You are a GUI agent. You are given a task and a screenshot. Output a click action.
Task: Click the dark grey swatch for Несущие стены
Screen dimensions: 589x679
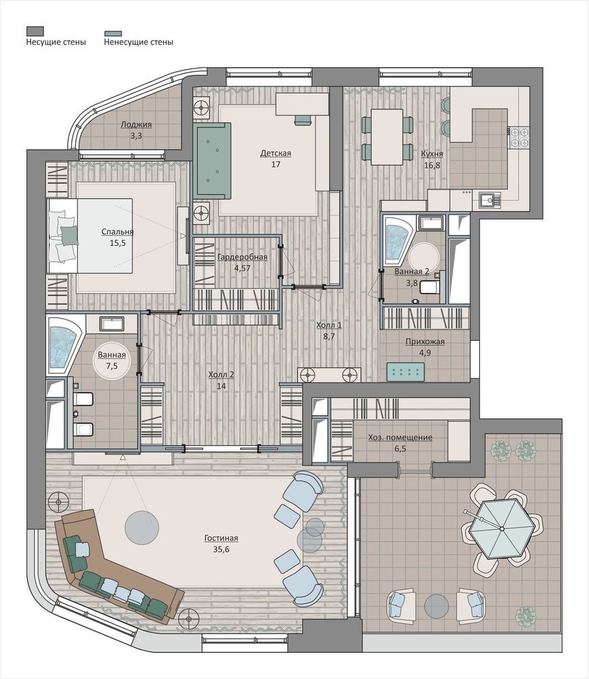pos(35,31)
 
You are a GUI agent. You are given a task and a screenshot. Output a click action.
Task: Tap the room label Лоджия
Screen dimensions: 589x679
pos(136,124)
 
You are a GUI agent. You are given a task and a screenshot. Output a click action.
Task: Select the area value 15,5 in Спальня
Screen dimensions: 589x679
pos(117,243)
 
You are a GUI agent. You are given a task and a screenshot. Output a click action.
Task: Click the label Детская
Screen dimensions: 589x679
pos(275,153)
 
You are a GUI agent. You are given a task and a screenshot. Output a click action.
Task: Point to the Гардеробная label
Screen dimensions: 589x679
pos(242,257)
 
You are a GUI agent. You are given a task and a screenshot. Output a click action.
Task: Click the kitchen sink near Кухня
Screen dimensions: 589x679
pos(490,200)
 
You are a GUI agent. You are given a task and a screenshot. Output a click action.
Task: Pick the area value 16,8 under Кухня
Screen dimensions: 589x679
pos(432,165)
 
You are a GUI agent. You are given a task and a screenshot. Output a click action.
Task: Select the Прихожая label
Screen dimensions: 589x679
pos(425,342)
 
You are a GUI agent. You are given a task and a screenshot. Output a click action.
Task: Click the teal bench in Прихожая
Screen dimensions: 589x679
pos(406,372)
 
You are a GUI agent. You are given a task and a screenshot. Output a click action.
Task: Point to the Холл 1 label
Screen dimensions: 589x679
pos(329,325)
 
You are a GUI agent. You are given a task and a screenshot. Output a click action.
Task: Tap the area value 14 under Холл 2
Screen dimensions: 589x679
pos(221,386)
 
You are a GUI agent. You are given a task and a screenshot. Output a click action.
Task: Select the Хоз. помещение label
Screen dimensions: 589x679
pos(400,437)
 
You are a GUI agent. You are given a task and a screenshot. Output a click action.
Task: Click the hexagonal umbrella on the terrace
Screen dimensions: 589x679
pos(502,529)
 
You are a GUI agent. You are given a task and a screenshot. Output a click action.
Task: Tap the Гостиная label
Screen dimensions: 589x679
pos(221,538)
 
